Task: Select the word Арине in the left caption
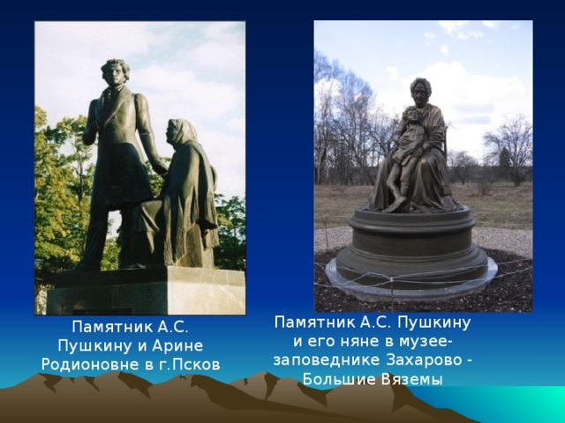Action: pyautogui.click(x=177, y=346)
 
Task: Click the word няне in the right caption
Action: pyautogui.click(x=361, y=341)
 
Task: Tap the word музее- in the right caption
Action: pyautogui.click(x=427, y=342)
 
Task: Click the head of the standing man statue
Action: pyautogui.click(x=116, y=73)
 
